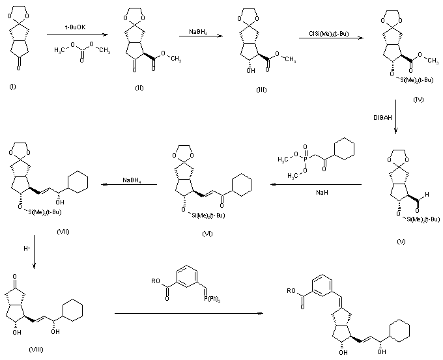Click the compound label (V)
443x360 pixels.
coord(402,241)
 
